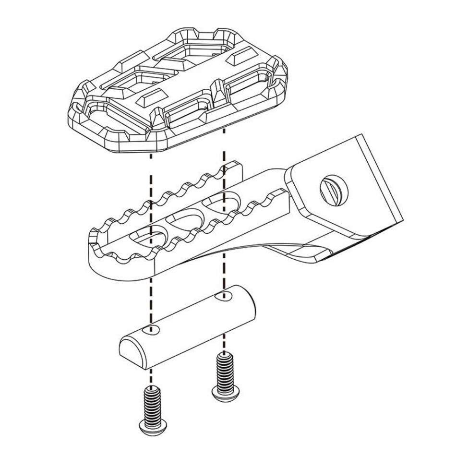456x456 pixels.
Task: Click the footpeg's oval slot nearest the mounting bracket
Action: pos(226,201)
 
